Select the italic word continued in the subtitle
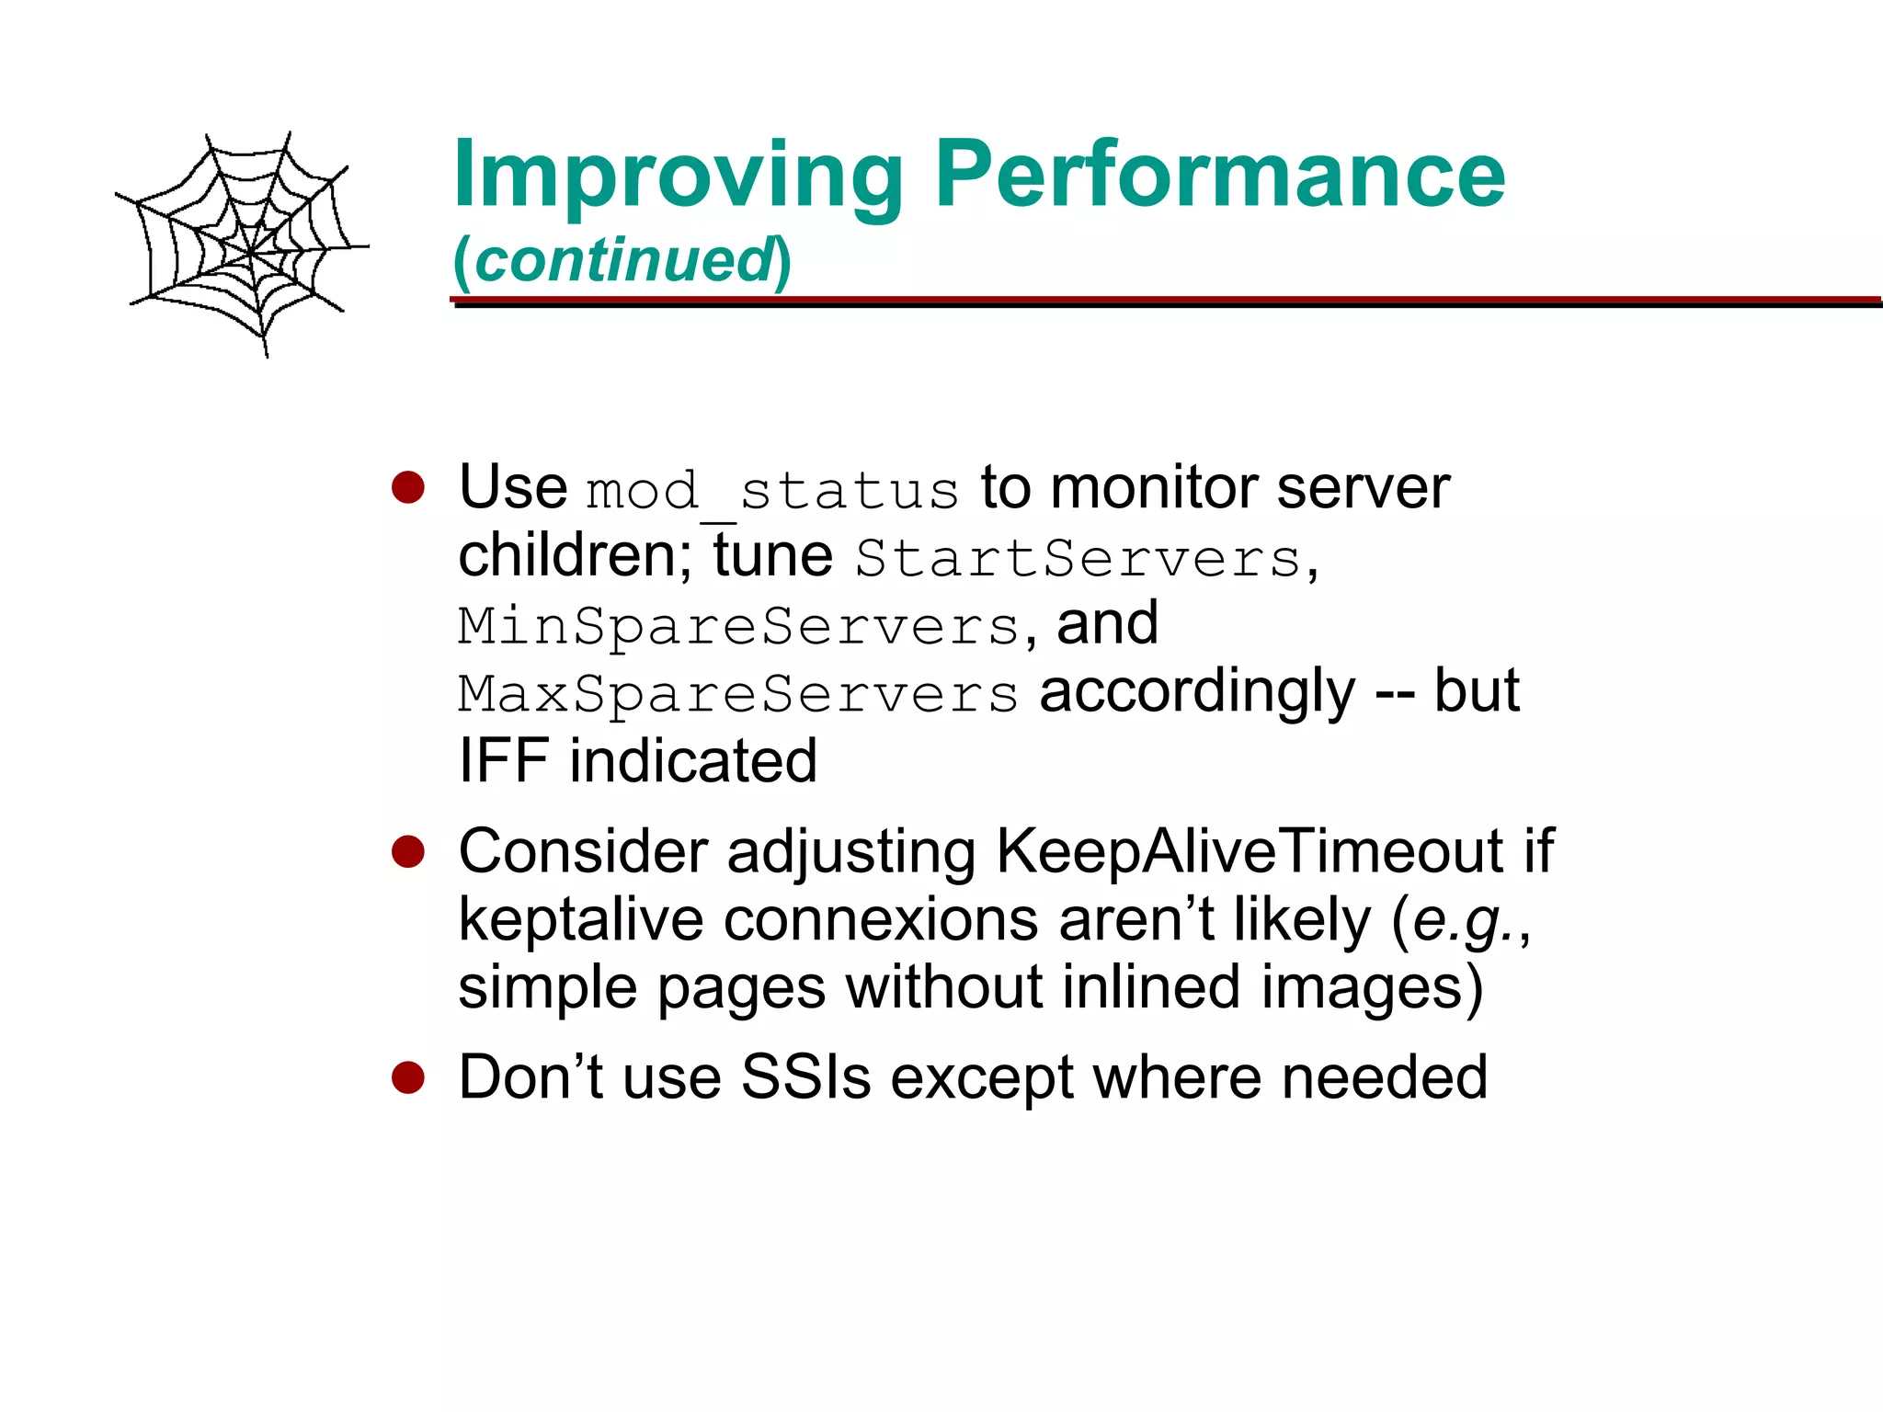coord(623,261)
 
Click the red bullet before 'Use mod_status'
coord(407,488)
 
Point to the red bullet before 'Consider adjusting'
coord(407,852)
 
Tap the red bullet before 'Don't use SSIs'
coord(407,1078)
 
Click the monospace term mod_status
coord(772,490)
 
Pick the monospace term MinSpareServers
coord(738,626)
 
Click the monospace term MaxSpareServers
coord(738,694)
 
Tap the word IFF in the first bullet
coord(503,761)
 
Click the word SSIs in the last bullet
coord(805,1077)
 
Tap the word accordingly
coord(1196,692)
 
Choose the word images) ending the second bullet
coord(1371,988)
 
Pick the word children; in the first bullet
coord(576,556)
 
